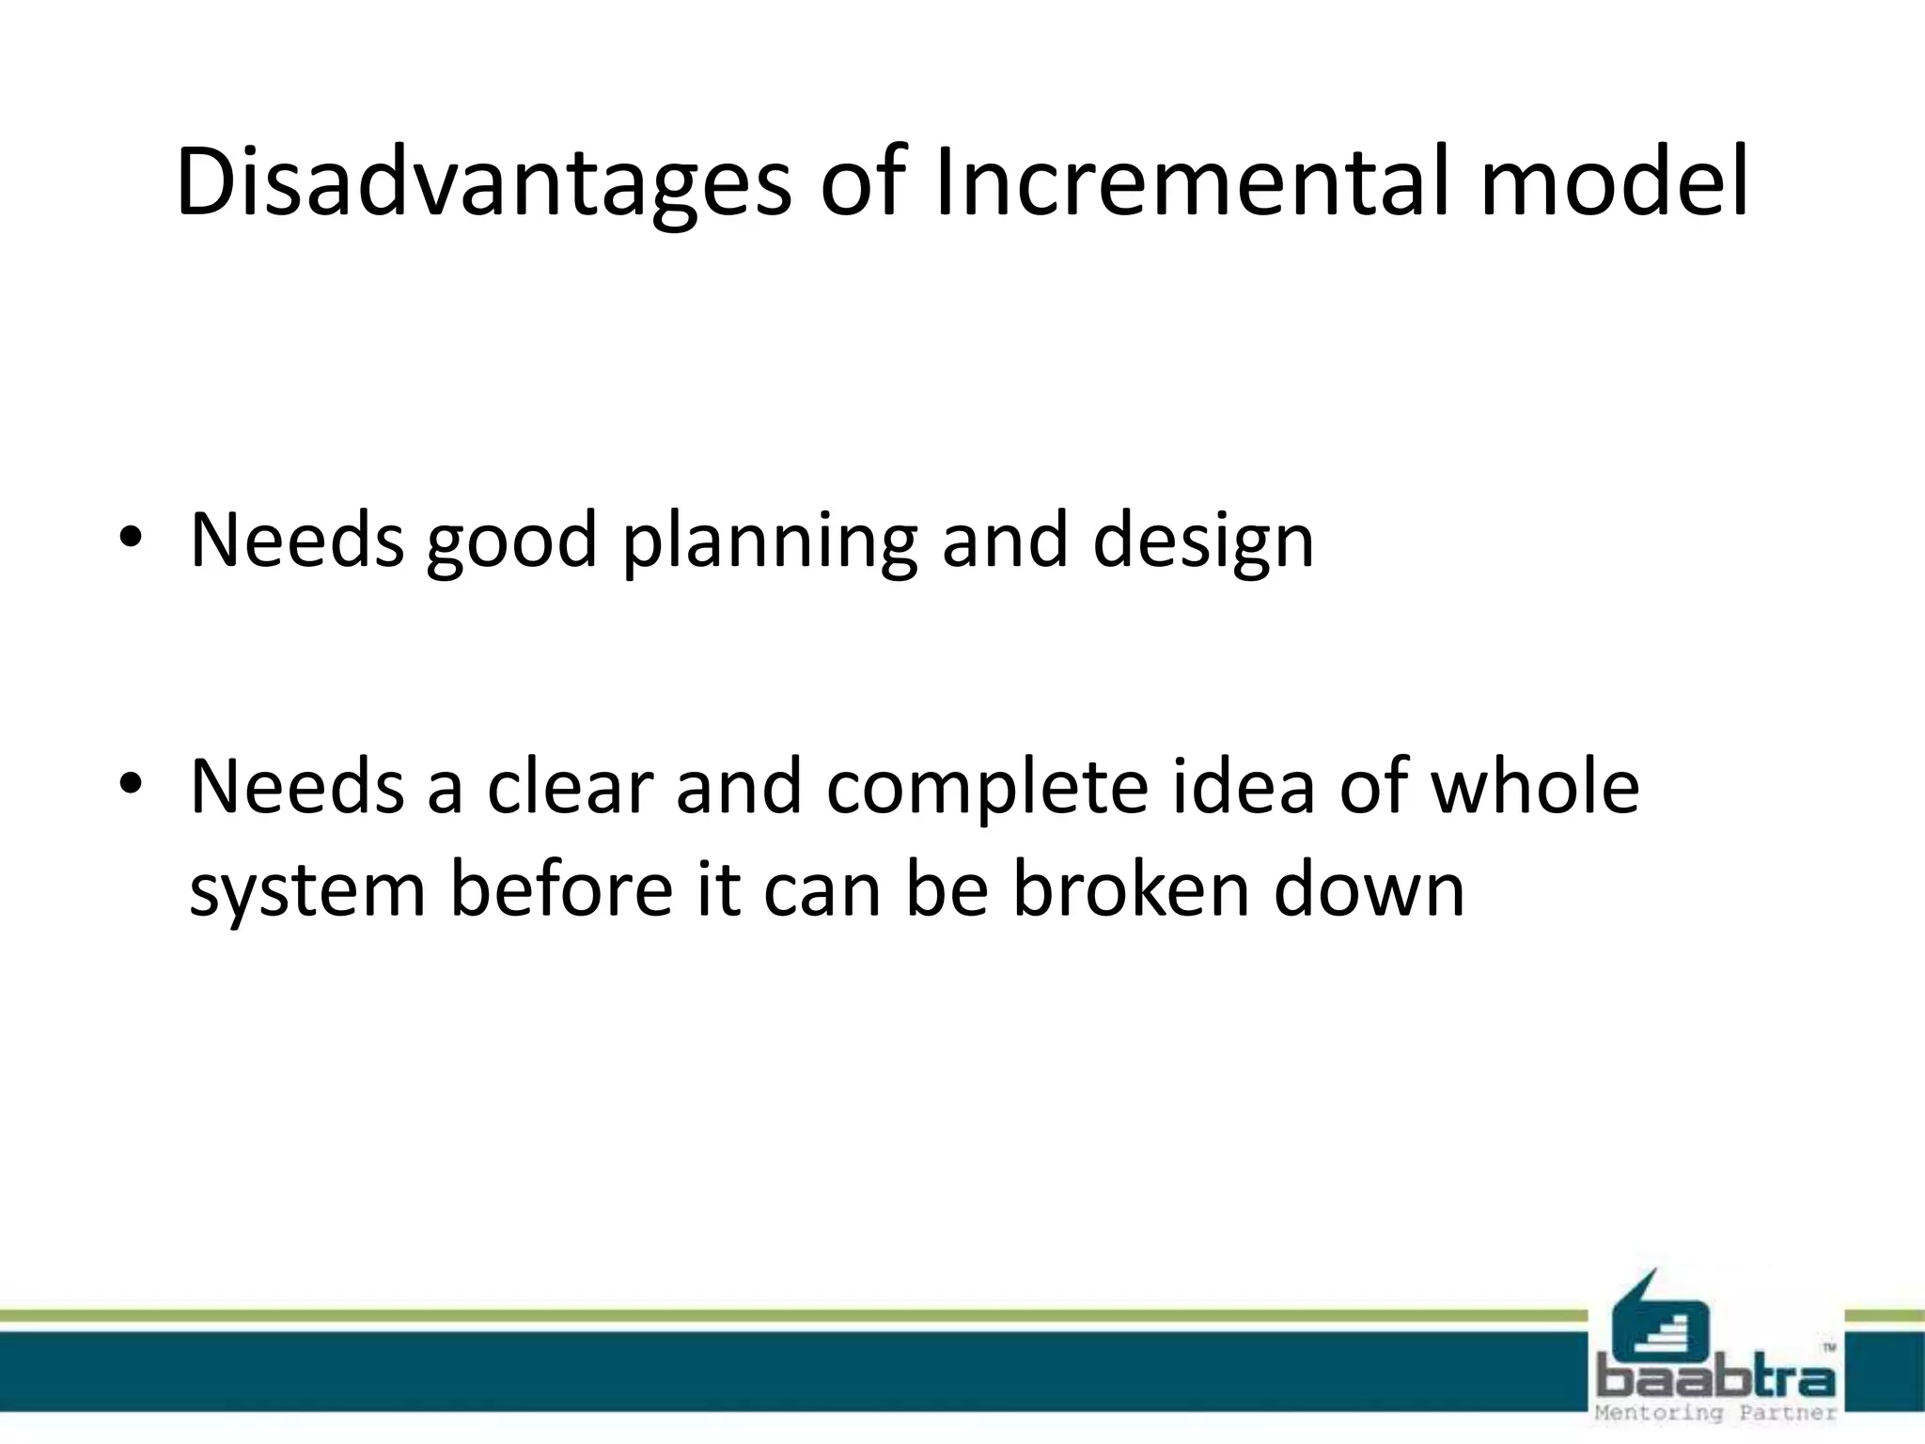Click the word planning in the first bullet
pyautogui.click(x=770, y=542)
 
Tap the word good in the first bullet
pyautogui.click(x=511, y=542)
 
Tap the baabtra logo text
pyautogui.click(x=1715, y=1379)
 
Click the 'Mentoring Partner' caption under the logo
pyautogui.click(x=1715, y=1413)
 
